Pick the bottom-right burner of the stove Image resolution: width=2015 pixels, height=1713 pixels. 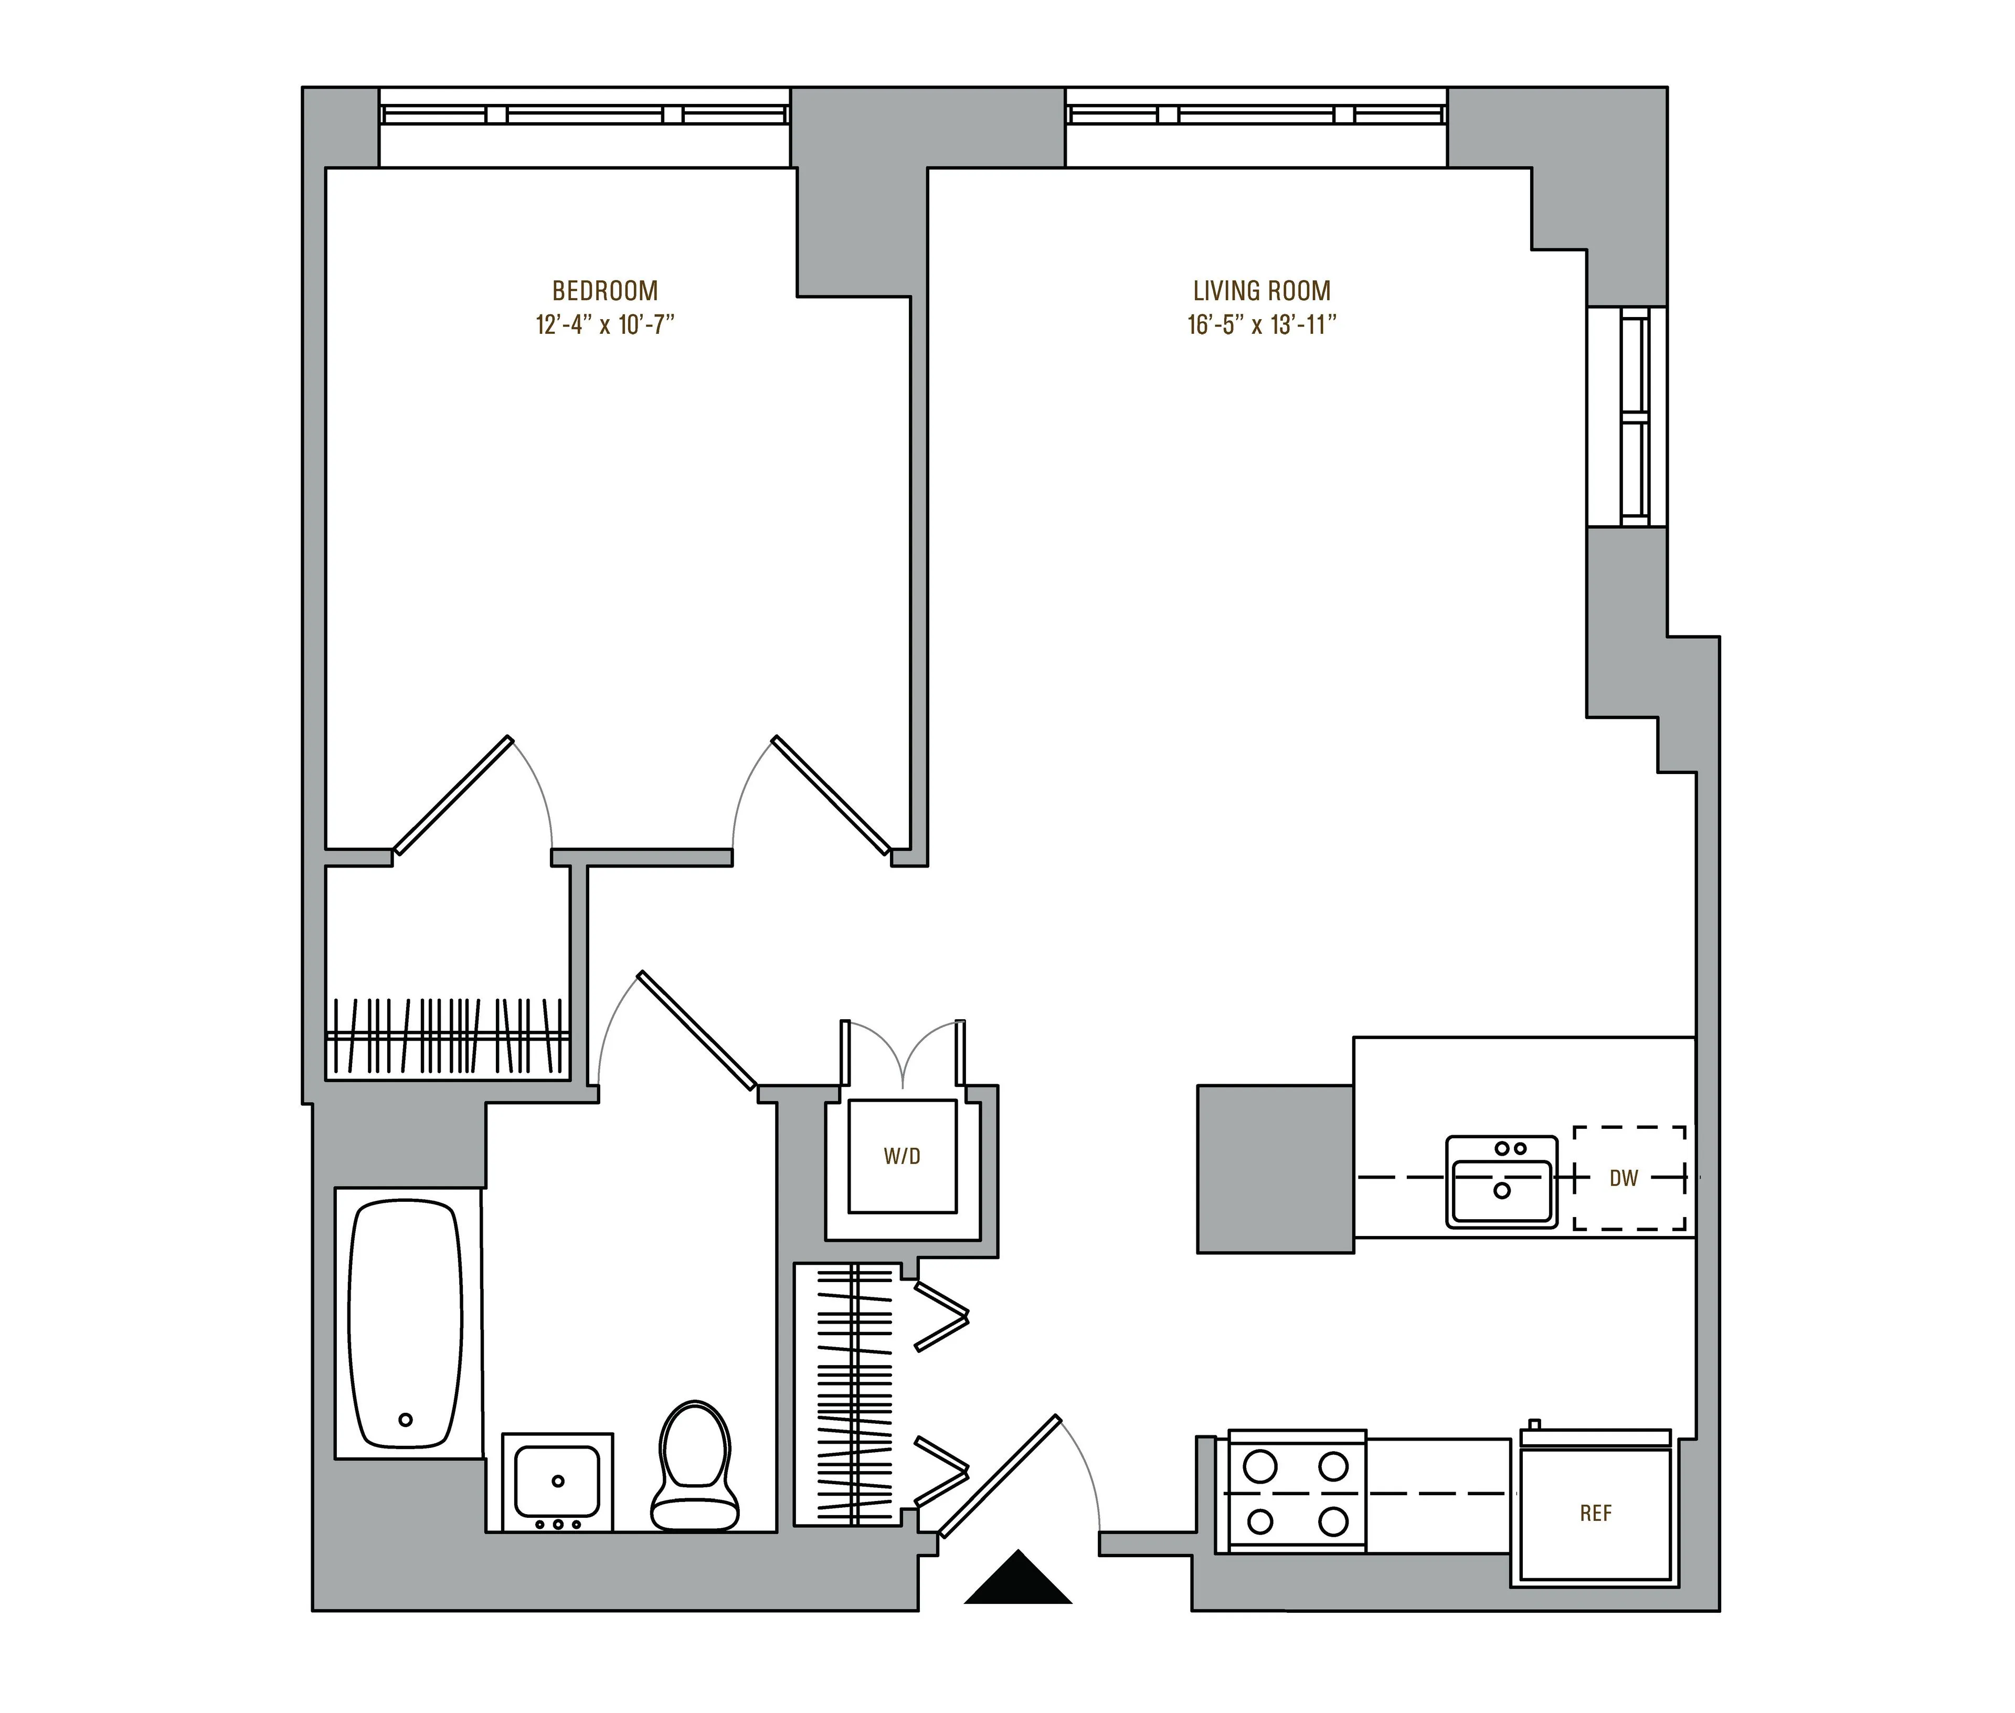click(x=1333, y=1521)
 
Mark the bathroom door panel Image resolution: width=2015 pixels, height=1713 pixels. click(x=696, y=1029)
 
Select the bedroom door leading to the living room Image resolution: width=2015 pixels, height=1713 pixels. click(x=830, y=795)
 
